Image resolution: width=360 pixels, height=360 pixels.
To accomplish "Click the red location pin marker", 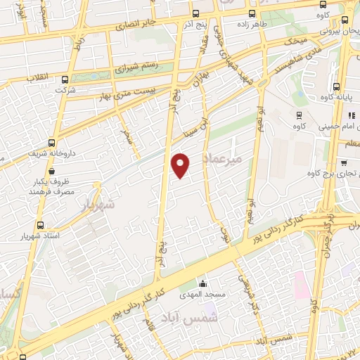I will point(181,165).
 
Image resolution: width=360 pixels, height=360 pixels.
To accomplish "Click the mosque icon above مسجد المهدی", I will point(203,282).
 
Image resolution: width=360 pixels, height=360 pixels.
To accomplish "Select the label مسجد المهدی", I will point(205,294).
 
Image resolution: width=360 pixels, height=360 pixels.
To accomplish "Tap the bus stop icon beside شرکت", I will point(65,79).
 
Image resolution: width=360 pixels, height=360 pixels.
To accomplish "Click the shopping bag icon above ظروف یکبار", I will point(52,169).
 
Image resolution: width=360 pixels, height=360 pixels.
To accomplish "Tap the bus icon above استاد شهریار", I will point(40,226).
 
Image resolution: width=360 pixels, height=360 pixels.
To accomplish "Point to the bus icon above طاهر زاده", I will point(250,13).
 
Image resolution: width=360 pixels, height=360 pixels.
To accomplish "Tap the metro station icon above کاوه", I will point(300,115).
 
